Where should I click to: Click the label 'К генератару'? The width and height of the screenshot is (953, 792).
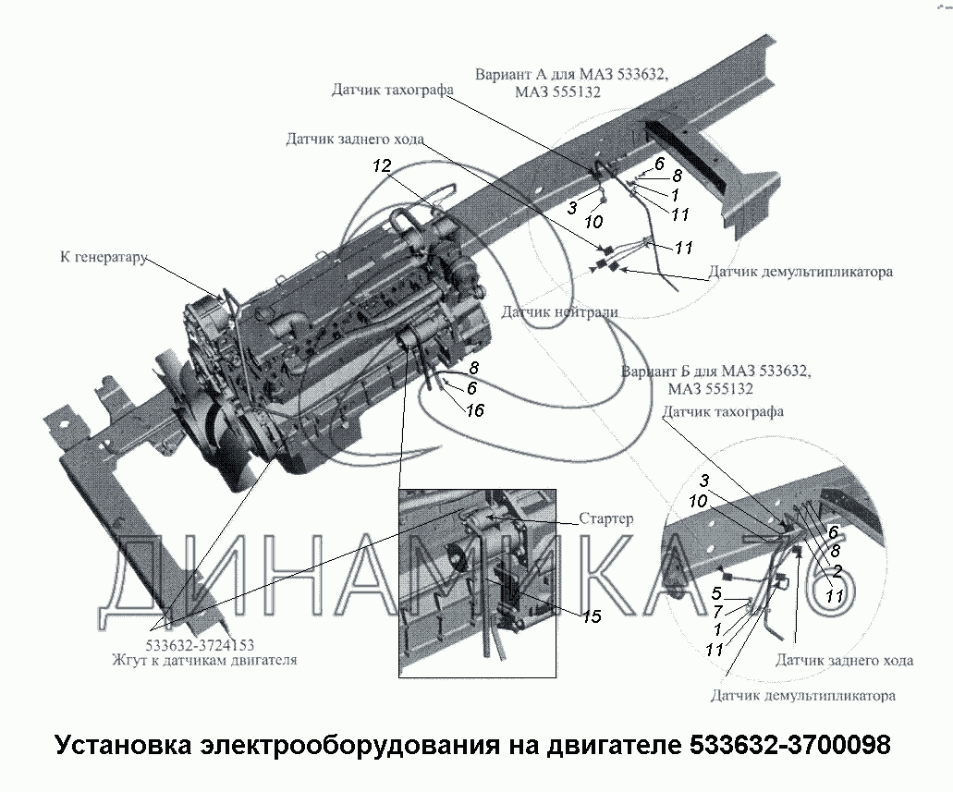[104, 257]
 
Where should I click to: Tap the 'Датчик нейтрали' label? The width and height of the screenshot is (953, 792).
[559, 312]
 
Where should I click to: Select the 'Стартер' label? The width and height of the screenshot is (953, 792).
[606, 518]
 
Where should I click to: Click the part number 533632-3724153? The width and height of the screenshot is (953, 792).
[200, 645]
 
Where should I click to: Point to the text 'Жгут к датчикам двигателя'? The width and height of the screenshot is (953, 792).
[204, 660]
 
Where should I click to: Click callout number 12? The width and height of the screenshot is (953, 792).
[382, 165]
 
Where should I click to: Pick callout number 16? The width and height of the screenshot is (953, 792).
[475, 411]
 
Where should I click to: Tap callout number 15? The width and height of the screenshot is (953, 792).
[592, 617]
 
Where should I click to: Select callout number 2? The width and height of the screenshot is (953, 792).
[837, 571]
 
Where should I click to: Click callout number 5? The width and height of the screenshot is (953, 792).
[716, 593]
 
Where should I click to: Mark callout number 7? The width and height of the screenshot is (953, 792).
[718, 612]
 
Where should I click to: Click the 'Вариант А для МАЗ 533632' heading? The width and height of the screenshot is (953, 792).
[571, 75]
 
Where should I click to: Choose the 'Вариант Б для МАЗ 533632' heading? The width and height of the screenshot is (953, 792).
[716, 371]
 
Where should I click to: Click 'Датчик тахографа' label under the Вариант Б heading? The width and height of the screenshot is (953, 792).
[723, 411]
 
